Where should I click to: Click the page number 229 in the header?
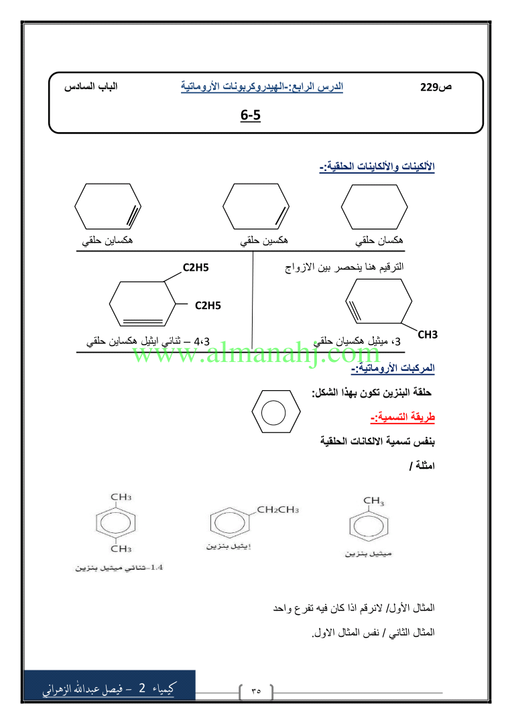pos(429,87)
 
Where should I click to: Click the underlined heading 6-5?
pos(250,116)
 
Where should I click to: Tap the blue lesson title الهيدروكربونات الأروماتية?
pos(262,86)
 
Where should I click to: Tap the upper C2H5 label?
pos(196,268)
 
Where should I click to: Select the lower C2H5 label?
pos(208,306)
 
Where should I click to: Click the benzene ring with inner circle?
pos(276,412)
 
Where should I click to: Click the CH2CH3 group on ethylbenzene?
pos(277,510)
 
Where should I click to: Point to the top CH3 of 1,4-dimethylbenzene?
pos(121,497)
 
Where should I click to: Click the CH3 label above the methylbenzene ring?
pos(374,501)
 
